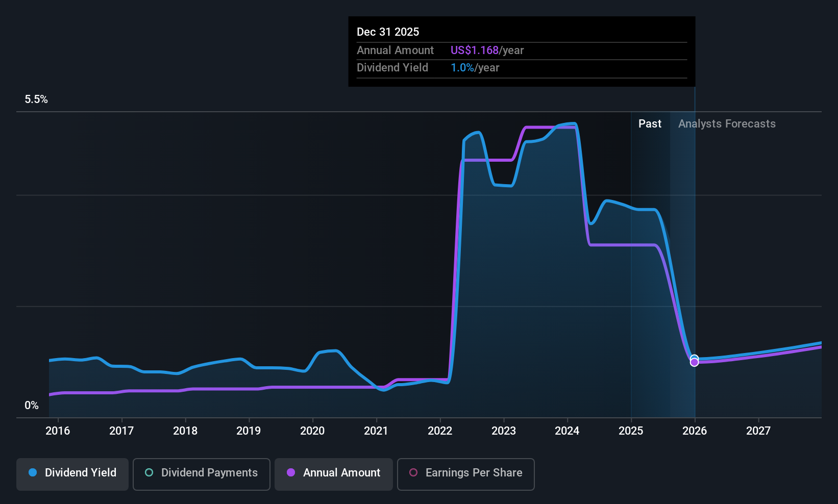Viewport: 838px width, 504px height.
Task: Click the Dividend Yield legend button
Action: click(x=72, y=473)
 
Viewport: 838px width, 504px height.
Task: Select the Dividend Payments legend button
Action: click(x=201, y=473)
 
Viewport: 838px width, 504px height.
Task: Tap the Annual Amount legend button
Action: click(x=334, y=473)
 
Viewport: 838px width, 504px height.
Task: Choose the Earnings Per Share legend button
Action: click(x=465, y=473)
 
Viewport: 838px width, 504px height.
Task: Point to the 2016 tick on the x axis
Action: click(x=58, y=431)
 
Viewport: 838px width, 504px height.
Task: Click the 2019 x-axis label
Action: click(x=249, y=431)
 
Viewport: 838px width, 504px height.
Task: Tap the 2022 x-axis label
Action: click(x=440, y=431)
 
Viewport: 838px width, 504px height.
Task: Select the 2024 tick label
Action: click(x=567, y=431)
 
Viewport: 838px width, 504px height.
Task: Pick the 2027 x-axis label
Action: click(x=758, y=431)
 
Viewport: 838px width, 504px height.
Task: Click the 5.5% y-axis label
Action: click(x=36, y=99)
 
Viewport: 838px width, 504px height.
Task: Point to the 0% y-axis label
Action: click(x=32, y=406)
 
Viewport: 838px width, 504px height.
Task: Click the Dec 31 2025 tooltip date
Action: click(x=388, y=32)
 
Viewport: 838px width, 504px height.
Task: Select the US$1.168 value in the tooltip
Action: click(x=474, y=51)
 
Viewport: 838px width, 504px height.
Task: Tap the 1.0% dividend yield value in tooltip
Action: click(x=462, y=68)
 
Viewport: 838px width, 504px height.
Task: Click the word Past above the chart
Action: click(x=650, y=124)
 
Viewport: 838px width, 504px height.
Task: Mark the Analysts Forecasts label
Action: click(x=727, y=124)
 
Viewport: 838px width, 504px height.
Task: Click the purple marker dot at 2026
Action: click(x=694, y=362)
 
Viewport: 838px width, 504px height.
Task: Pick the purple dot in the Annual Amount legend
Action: click(x=291, y=473)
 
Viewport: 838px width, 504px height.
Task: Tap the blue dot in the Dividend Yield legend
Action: click(x=33, y=473)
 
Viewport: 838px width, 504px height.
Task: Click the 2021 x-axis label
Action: click(x=376, y=431)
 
